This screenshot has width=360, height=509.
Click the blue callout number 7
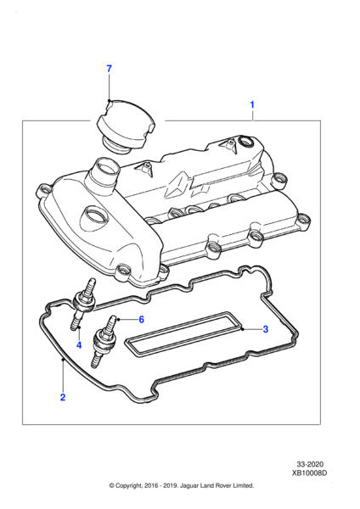point(110,69)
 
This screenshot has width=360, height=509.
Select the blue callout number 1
point(252,105)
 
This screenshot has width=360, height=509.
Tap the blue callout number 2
point(63,397)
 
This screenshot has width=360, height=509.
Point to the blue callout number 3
point(266,329)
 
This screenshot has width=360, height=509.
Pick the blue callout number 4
point(79,345)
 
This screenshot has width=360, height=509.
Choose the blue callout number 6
point(141,320)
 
